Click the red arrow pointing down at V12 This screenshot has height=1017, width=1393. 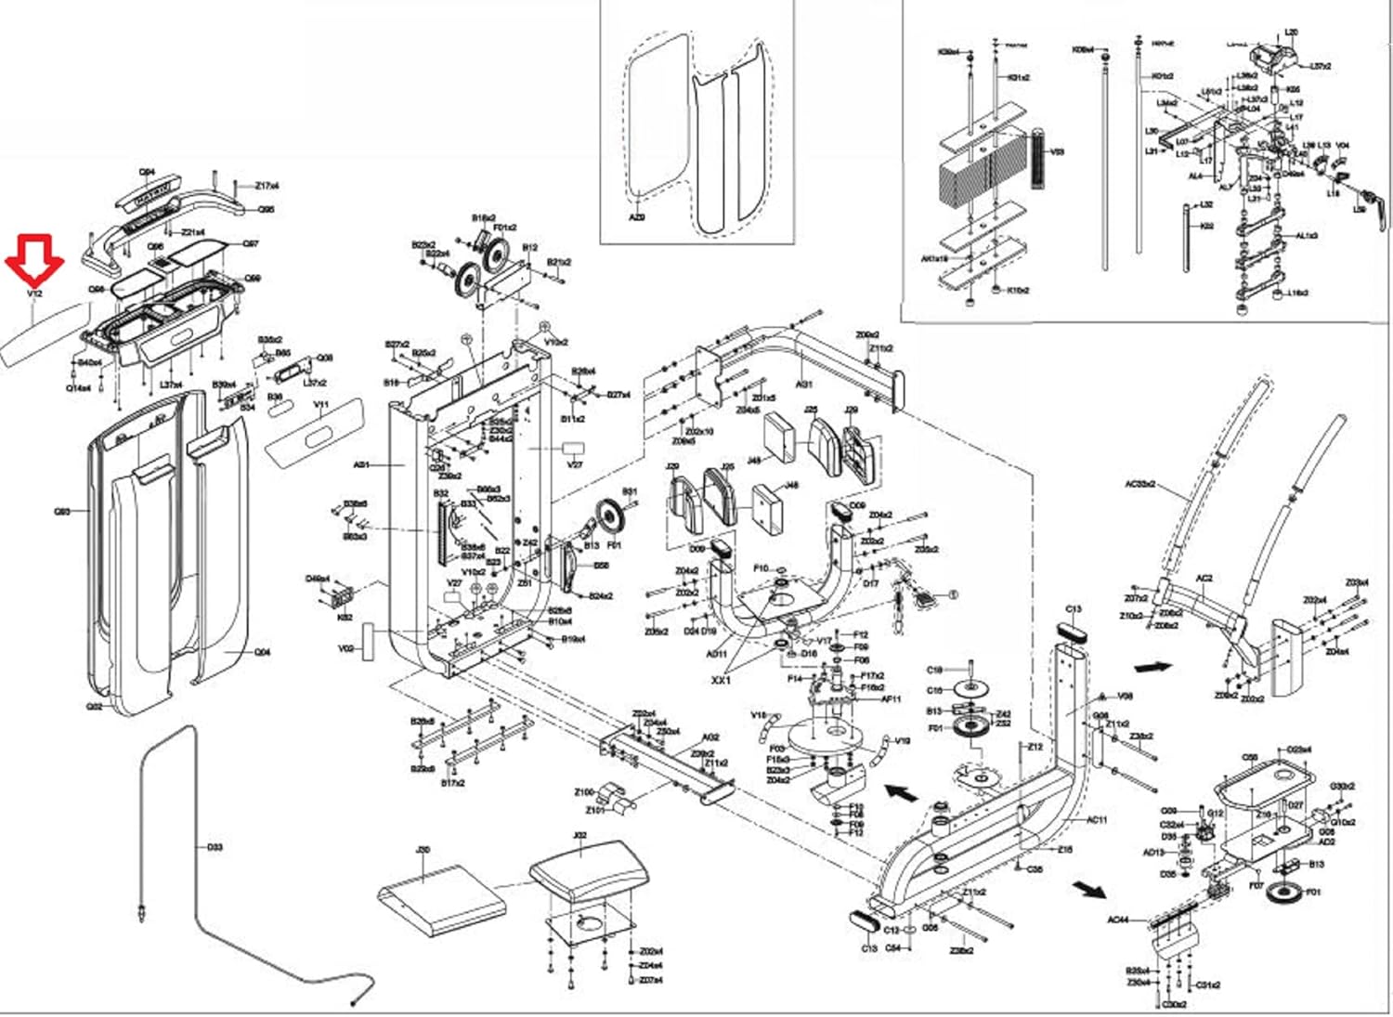click(35, 259)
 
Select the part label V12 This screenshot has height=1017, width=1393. click(35, 293)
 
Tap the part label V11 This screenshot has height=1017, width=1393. click(321, 405)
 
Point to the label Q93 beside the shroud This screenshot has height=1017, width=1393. click(62, 512)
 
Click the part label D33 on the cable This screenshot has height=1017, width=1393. click(215, 847)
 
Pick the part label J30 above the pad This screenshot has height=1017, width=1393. click(423, 850)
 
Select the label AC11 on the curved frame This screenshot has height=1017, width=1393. click(1097, 820)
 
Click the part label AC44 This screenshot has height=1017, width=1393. click(1118, 919)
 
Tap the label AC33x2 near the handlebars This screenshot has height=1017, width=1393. click(1139, 484)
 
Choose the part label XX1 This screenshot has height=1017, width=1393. click(722, 680)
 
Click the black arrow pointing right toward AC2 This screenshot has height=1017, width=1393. click(1152, 666)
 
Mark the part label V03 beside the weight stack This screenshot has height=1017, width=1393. click(1056, 151)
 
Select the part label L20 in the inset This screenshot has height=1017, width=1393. click(1291, 33)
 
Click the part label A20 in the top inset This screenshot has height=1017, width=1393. click(637, 217)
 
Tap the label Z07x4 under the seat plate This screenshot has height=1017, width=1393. click(651, 981)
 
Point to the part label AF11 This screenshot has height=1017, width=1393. click(891, 699)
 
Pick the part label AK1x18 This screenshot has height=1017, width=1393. click(934, 259)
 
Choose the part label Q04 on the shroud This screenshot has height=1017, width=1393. click(263, 653)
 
